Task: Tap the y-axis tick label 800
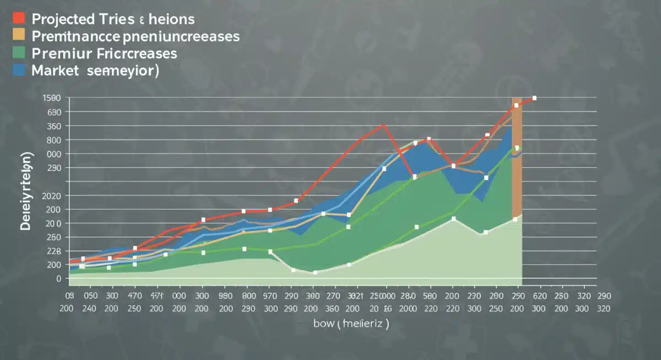point(53,140)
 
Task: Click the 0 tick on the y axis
point(58,279)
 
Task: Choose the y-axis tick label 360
point(53,126)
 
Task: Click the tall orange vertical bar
point(517,165)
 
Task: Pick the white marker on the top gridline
point(534,98)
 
